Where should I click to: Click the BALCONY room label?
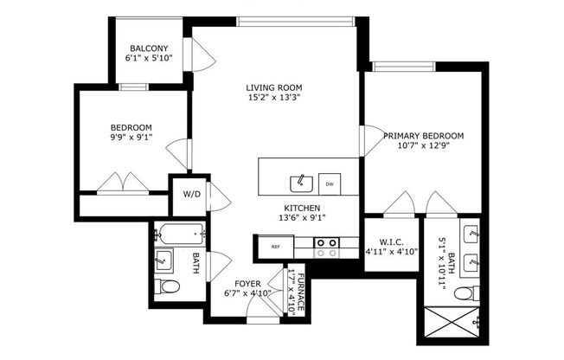(x=150, y=48)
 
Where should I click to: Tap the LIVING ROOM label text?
(x=273, y=87)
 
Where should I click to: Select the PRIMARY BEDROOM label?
(x=424, y=136)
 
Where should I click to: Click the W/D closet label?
(x=191, y=194)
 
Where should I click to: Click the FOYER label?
(x=248, y=283)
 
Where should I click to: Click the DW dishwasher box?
(x=330, y=183)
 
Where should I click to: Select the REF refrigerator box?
(x=276, y=247)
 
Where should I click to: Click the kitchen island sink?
(x=300, y=182)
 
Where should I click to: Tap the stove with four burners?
(x=326, y=247)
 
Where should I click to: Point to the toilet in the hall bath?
(x=168, y=287)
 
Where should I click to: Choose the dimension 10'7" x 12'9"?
(x=424, y=147)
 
